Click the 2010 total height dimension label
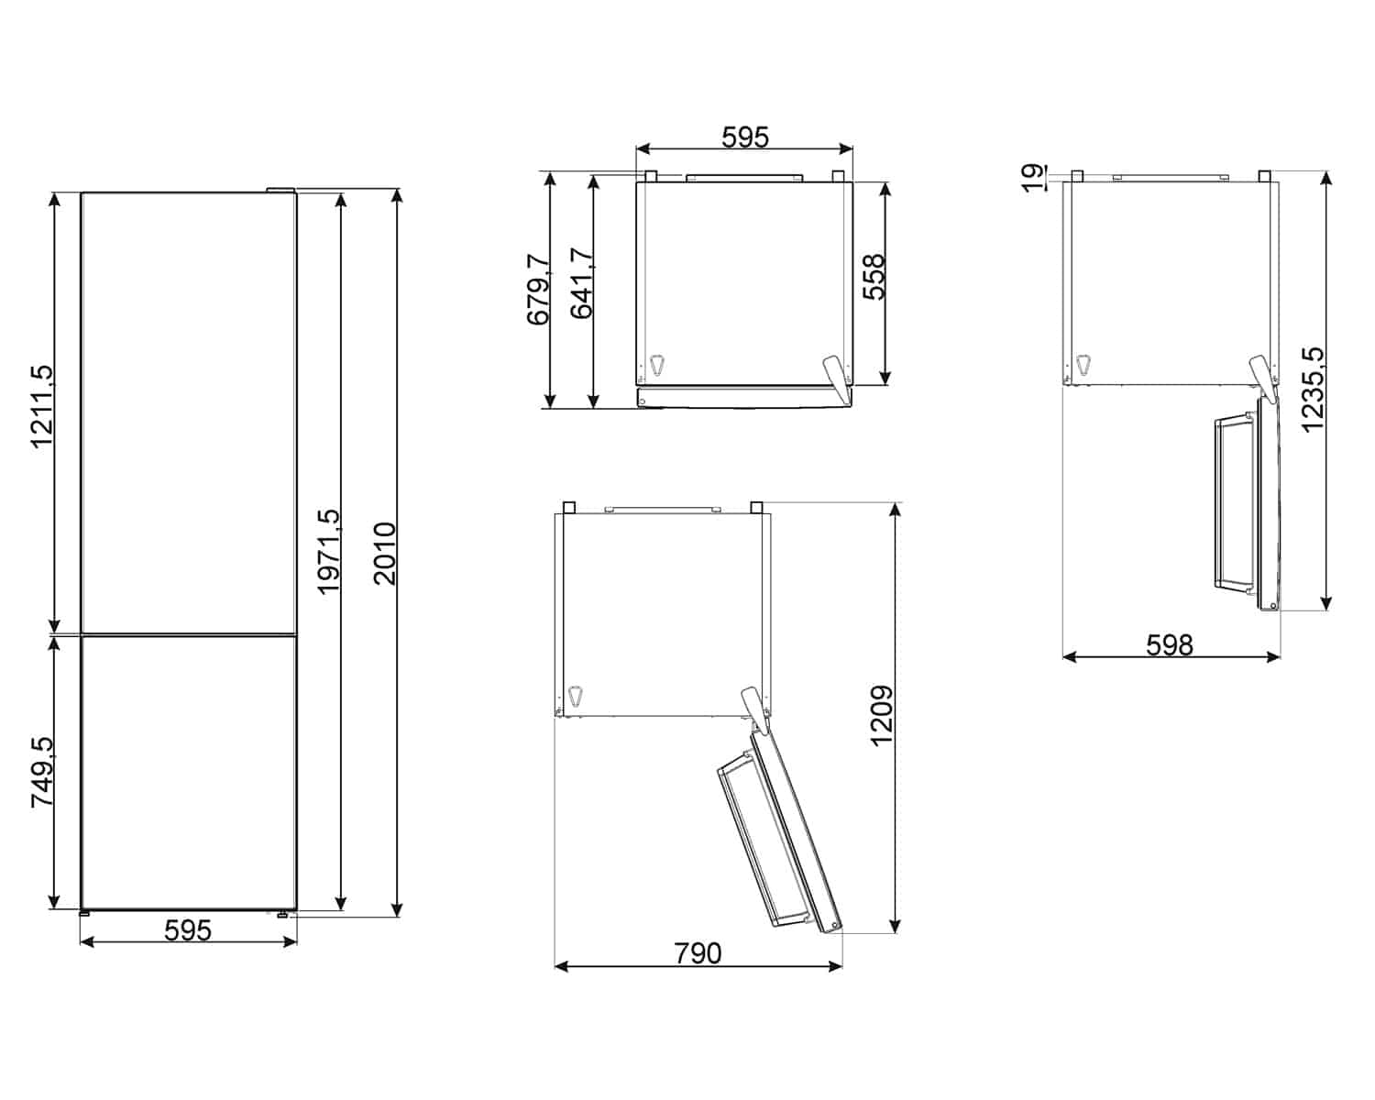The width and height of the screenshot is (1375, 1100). (x=385, y=554)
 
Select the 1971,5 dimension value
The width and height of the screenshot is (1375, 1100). (x=330, y=552)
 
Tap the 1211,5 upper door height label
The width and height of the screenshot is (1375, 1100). (x=43, y=407)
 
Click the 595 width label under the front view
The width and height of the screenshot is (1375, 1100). (x=188, y=930)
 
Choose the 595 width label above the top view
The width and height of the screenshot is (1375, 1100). (x=745, y=137)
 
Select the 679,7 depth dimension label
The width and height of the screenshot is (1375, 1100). (x=538, y=290)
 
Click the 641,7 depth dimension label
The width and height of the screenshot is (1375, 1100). (x=581, y=283)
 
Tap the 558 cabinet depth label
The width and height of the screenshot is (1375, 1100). (x=874, y=277)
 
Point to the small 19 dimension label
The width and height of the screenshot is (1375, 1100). (x=1034, y=179)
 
